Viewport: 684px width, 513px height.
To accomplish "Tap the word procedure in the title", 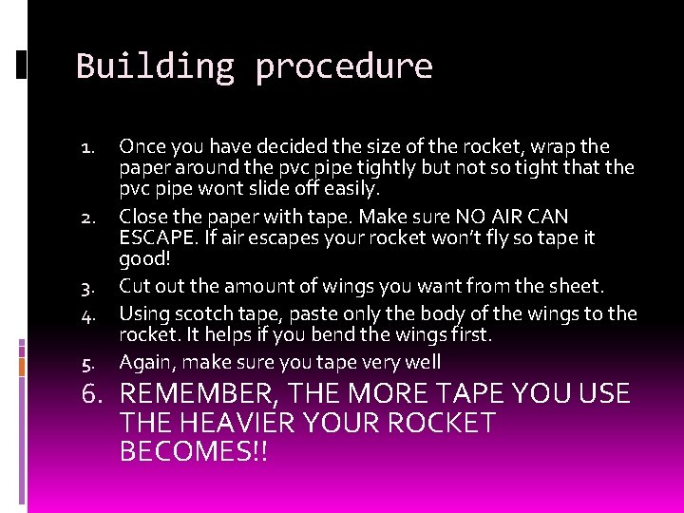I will [x=344, y=67].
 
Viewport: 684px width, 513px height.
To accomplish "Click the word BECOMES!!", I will [x=195, y=451].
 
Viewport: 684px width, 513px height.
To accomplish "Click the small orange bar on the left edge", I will [x=21, y=366].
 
